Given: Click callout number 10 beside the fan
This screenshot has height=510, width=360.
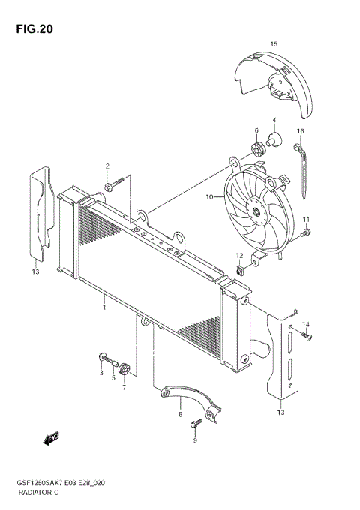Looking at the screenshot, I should pyautogui.click(x=210, y=198).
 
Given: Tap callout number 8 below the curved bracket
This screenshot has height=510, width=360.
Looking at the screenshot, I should pyautogui.click(x=180, y=412).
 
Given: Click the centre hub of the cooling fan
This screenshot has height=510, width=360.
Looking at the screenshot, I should pyautogui.click(x=257, y=213).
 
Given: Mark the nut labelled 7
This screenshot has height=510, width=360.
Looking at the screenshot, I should pyautogui.click(x=124, y=368).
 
